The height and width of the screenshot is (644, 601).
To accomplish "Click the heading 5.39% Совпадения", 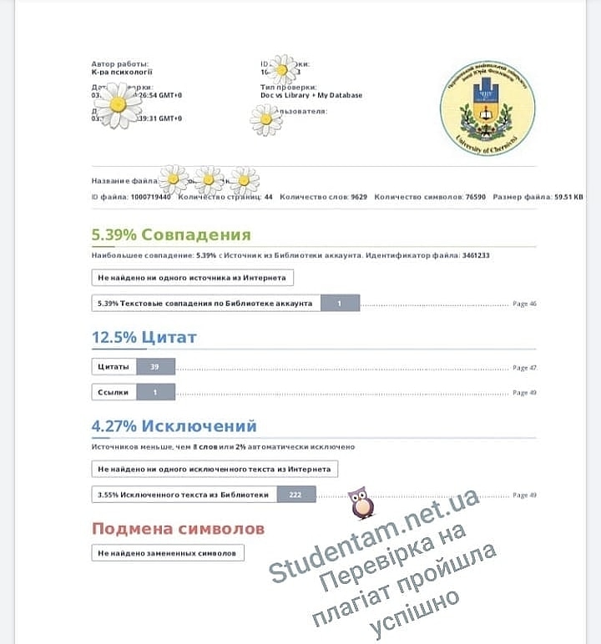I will pos(171,234).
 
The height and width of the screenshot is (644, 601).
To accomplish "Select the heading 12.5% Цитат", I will pos(144,337).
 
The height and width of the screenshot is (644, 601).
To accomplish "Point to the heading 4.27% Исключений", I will pos(174,426).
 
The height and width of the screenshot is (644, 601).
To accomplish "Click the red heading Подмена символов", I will pos(178,529).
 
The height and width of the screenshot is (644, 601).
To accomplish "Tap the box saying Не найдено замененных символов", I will pos(168,552).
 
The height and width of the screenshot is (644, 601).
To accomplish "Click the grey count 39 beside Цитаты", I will pos(154,366).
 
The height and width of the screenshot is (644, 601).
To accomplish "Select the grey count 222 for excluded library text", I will pos(295,495).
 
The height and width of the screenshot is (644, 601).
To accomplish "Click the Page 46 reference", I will pos(524,304).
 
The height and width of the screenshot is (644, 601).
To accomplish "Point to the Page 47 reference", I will pos(524,367).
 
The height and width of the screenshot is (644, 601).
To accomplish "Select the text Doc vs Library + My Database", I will pos(311,95).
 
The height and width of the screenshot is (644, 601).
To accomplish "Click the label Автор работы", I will pos(121,63).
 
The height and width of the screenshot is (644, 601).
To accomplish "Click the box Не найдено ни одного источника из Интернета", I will pos(192,278).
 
